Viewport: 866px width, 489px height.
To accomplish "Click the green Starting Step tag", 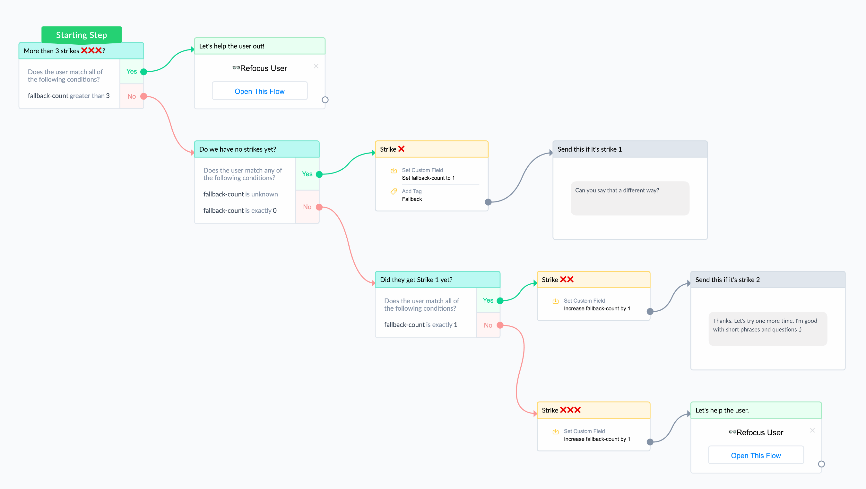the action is (x=81, y=35).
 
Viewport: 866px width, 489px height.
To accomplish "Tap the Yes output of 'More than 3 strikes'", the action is (x=143, y=72).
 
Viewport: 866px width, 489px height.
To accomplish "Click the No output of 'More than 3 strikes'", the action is (x=143, y=96).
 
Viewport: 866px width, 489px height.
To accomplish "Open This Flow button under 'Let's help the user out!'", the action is (x=260, y=91).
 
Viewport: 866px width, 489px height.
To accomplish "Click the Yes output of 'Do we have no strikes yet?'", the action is (x=319, y=174).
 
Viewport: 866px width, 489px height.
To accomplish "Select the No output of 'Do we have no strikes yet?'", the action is (x=319, y=207).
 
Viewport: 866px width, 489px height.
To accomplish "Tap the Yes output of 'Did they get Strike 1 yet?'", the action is (x=500, y=300).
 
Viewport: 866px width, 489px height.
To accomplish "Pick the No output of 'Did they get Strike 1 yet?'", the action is (x=500, y=325).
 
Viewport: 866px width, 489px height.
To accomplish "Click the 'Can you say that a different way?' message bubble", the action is (x=630, y=198).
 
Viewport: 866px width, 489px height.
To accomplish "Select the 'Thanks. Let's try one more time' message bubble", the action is (x=767, y=329).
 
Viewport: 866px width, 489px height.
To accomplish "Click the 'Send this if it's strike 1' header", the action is (x=630, y=149).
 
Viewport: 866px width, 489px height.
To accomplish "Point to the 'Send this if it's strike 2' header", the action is (x=767, y=280).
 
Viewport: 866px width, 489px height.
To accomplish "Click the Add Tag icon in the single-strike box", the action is (x=393, y=191).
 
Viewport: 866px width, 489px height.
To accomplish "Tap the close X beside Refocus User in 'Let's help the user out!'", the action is (x=316, y=66).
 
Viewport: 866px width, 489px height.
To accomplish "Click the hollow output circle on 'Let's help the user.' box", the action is (x=821, y=464).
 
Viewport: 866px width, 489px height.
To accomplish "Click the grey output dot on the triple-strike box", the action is (x=650, y=442).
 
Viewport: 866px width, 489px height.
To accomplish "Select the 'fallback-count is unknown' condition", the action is (x=240, y=194).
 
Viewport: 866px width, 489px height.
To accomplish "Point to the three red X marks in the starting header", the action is (x=91, y=50).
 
